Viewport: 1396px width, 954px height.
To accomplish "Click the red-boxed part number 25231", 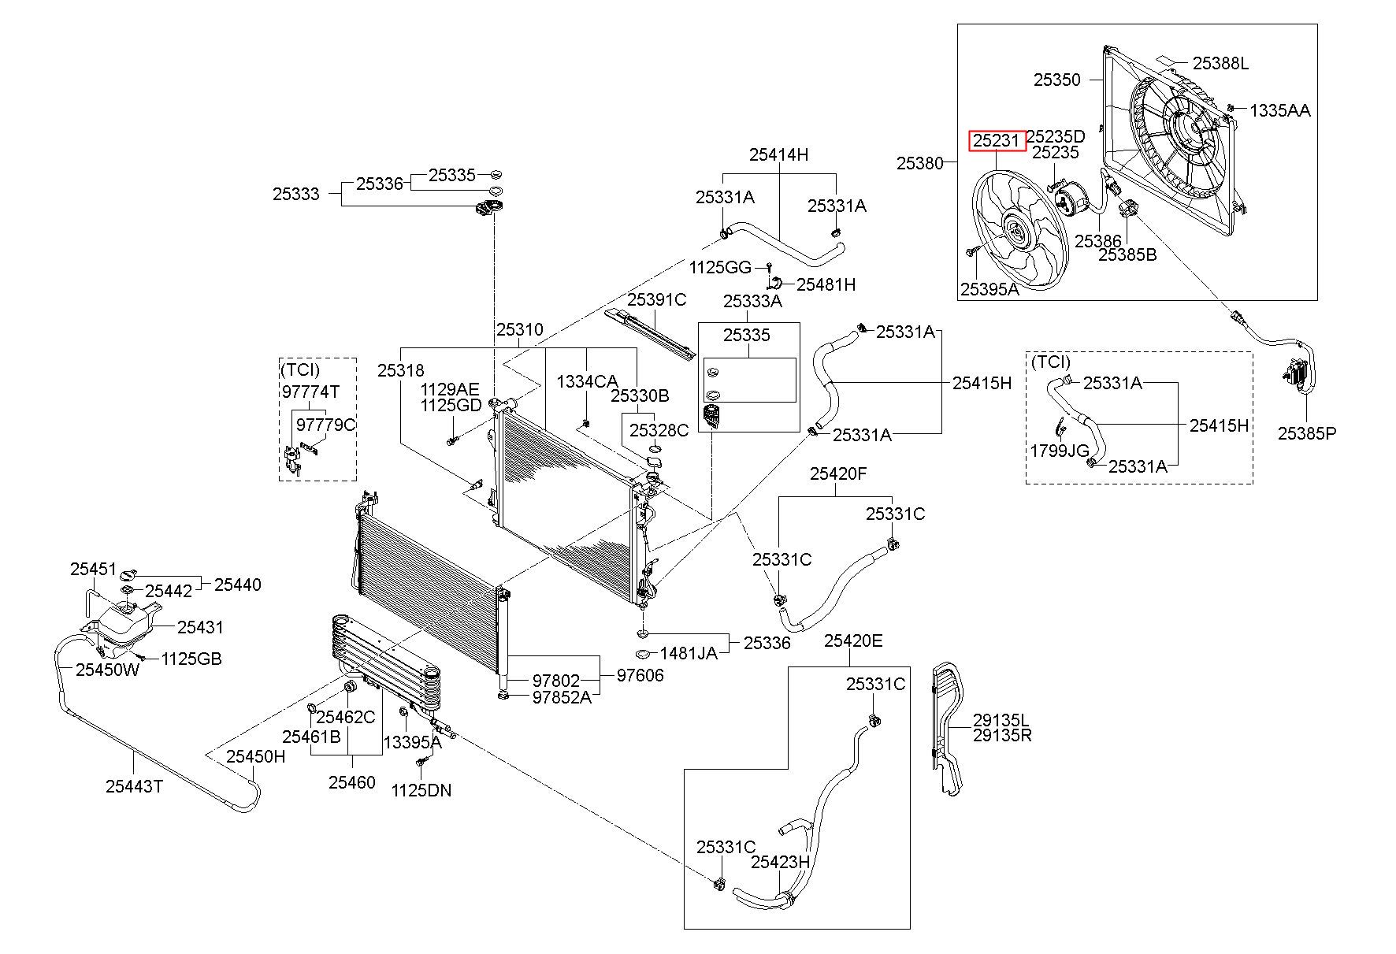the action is pos(997,141).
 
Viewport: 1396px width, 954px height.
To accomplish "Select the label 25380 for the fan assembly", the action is pos(920,164).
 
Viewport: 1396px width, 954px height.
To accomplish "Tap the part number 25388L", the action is pos(1220,63).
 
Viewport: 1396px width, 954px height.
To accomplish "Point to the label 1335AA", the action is pos(1280,110).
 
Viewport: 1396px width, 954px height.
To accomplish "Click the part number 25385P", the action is pos(1307,432).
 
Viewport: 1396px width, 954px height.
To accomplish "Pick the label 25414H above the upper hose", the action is pos(778,154).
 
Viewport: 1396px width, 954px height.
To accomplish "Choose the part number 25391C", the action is pos(657,300).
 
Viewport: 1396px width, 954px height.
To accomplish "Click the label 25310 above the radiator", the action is pos(519,329).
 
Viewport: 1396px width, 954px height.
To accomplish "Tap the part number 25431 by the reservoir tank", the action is pos(200,627).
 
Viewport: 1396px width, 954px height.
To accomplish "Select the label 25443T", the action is pos(134,785).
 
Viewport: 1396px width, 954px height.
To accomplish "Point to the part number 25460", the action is pos(351,782).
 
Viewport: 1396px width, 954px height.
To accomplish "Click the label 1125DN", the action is pos(421,790).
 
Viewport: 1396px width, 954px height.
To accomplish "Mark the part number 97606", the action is pos(640,675).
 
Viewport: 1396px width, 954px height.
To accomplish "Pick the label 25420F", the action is pos(838,473).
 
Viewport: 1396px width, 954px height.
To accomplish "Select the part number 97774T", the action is pos(310,392).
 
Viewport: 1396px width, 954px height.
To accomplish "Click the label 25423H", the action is pos(780,862).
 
